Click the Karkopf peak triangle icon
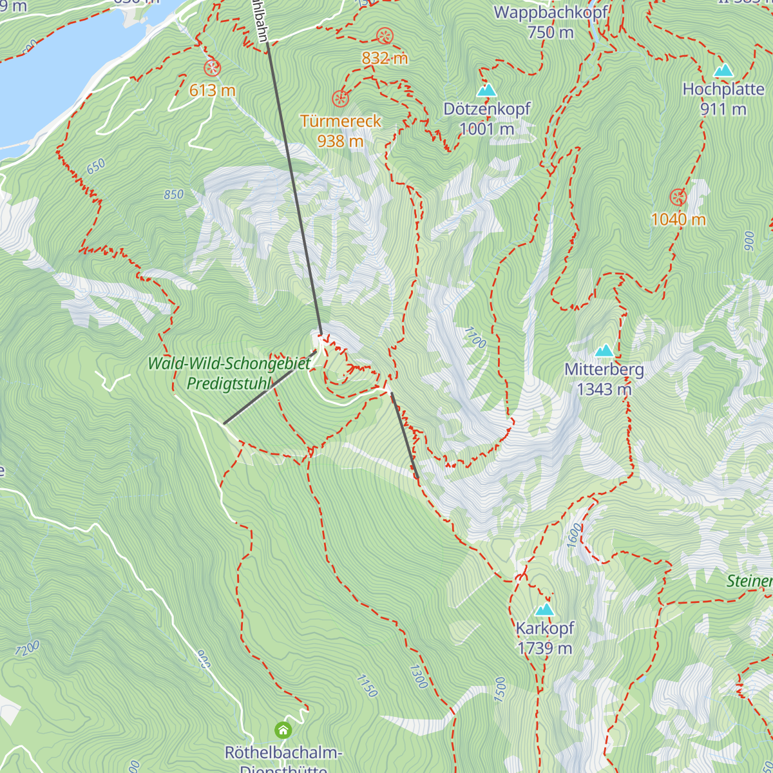544,609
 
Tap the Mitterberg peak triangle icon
604,350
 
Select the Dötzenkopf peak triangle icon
487,90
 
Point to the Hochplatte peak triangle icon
723,70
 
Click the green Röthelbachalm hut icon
283,730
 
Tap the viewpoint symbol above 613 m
212,68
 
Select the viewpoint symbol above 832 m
385,35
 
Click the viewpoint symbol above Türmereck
340,99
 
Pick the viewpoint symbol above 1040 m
678,197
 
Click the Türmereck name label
340,121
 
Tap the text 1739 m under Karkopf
544,648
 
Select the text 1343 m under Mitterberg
604,389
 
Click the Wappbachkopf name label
551,12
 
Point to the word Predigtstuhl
229,384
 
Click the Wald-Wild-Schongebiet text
229,363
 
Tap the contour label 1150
366,685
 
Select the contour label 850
173,195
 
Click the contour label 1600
574,535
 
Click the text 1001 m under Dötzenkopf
486,129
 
